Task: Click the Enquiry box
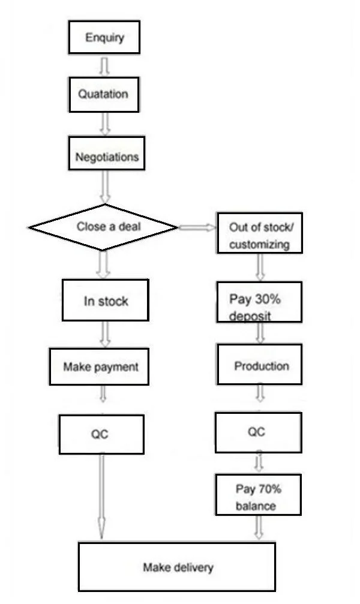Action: [x=105, y=38]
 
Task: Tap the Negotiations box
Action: [x=107, y=157]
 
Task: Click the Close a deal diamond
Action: [x=104, y=227]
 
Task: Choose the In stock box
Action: [x=105, y=301]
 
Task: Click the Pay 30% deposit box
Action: [x=259, y=306]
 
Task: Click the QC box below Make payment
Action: [x=101, y=434]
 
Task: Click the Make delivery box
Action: [x=177, y=567]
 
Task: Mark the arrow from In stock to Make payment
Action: [x=105, y=334]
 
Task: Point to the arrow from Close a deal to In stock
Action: [x=103, y=264]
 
